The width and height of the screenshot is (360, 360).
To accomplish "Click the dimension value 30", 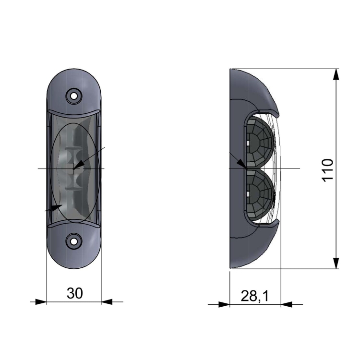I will pyautogui.click(x=74, y=293).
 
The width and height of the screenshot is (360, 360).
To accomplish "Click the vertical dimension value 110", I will pyautogui.click(x=328, y=169).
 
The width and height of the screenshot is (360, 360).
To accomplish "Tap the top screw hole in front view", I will pyautogui.click(x=74, y=95).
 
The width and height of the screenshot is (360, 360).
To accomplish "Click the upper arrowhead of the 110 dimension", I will pyautogui.click(x=336, y=74).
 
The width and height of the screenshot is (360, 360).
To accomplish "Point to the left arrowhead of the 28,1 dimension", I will pyautogui.click(x=224, y=304).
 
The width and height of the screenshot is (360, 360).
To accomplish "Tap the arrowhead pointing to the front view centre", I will pyautogui.click(x=78, y=164).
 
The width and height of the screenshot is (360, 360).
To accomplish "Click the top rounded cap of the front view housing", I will pyautogui.click(x=74, y=84).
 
